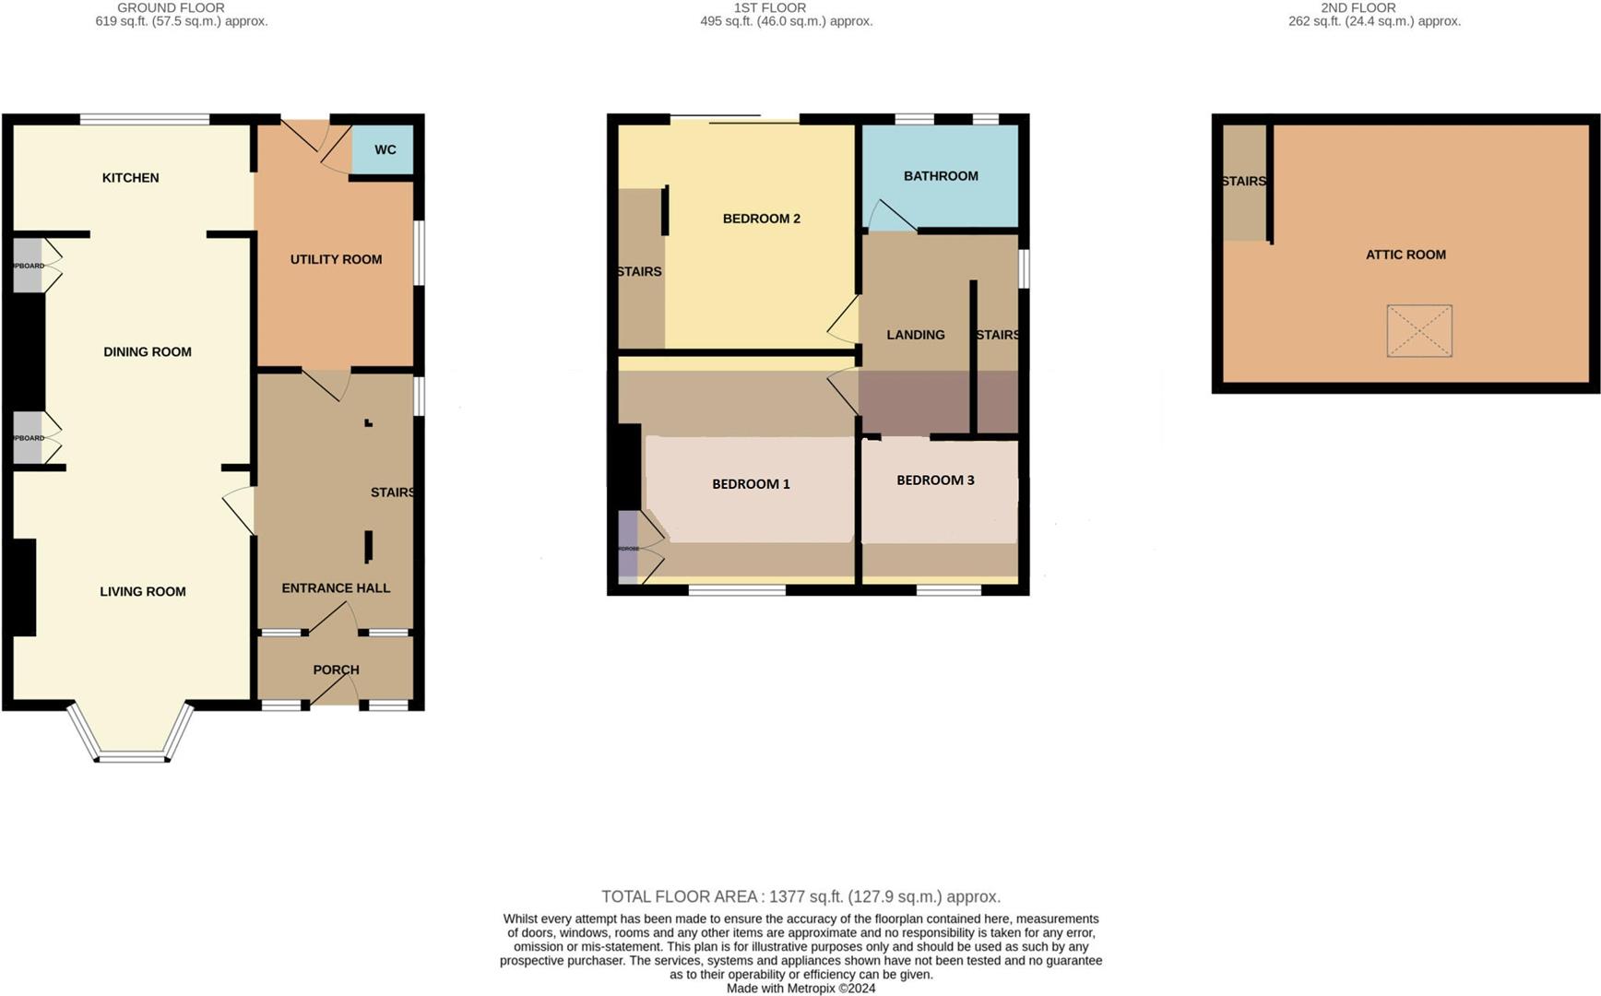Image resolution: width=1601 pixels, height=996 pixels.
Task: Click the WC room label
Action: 385,149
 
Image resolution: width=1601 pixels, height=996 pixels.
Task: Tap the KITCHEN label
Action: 130,178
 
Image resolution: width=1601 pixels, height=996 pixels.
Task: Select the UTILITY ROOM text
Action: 336,260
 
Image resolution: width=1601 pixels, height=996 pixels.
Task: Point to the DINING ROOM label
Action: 148,352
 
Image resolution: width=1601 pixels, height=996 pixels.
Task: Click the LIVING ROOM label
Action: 143,592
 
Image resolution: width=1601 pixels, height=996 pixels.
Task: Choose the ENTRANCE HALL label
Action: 336,588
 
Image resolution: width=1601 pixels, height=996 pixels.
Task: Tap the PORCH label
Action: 336,670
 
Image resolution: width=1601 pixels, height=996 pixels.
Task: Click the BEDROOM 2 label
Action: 761,219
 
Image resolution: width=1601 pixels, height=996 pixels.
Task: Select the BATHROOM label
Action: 941,176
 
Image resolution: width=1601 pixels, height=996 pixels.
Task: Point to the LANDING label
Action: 916,335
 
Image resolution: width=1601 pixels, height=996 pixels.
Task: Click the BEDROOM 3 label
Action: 935,480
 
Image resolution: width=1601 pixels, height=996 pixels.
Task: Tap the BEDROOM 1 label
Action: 751,484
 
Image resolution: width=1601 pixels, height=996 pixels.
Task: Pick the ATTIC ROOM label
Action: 1405,255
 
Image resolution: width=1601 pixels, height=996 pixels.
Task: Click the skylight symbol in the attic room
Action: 1419,331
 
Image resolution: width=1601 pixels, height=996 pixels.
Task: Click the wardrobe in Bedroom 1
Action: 628,548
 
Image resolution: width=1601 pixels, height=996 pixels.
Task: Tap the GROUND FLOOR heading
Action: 171,7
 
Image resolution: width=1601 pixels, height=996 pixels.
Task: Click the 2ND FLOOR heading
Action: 1358,7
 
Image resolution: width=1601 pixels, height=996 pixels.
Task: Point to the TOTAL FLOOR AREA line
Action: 800,896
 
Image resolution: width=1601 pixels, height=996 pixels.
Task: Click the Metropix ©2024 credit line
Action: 800,989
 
